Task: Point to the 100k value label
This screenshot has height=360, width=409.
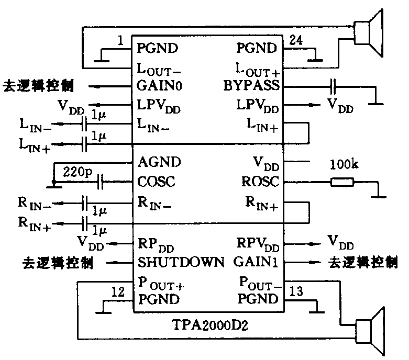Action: click(344, 165)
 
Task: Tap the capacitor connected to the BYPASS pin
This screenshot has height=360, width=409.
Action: click(333, 85)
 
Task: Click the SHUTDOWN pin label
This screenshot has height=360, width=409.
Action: click(181, 261)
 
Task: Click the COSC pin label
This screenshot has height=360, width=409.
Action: click(156, 182)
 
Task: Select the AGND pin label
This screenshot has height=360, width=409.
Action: click(159, 162)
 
